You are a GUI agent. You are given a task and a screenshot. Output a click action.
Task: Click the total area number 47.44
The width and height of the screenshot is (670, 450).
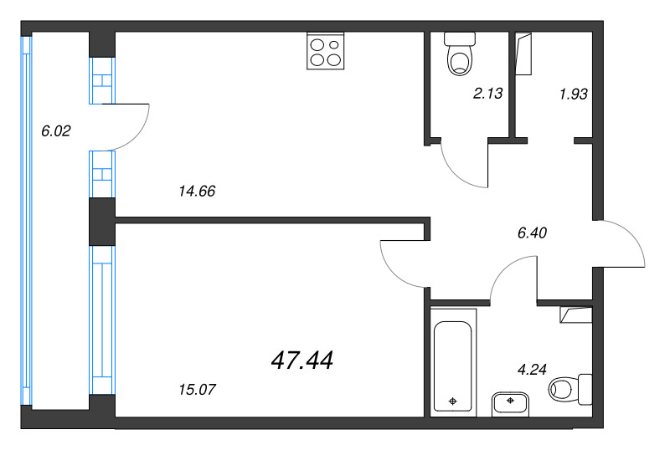pos(302,361)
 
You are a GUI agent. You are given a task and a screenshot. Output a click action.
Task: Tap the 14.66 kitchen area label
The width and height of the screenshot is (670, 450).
pos(197,191)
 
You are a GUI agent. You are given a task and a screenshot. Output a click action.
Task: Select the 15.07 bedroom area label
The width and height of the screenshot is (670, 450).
pos(197,389)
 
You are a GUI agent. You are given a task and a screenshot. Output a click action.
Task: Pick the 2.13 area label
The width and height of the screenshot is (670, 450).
pos(487,94)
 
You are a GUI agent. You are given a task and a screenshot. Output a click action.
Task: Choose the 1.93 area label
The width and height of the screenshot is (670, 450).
pos(573,94)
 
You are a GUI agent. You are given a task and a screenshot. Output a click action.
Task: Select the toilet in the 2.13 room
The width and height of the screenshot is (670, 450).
pos(459,54)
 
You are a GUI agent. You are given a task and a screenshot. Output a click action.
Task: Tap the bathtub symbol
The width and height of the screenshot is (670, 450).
pos(453,360)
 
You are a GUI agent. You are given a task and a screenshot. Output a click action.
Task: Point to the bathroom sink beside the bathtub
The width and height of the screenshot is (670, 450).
pos(510,402)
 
